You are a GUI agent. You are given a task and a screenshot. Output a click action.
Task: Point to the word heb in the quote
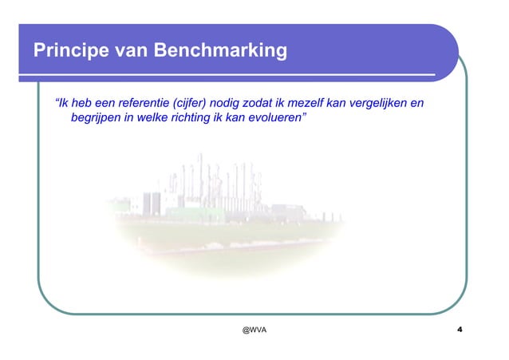[80, 104]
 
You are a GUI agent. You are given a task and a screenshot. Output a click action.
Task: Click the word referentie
[144, 104]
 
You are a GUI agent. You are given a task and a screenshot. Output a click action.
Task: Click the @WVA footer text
[254, 330]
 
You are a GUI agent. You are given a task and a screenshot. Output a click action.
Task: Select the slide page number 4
[460, 330]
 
